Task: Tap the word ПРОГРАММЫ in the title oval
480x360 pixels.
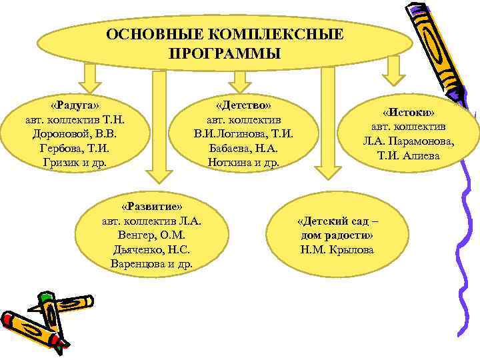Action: click(225, 53)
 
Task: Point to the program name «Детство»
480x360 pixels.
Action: click(243, 105)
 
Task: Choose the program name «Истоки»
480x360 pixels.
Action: click(408, 112)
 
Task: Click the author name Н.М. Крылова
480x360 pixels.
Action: click(337, 249)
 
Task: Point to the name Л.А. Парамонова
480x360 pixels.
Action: click(408, 141)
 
